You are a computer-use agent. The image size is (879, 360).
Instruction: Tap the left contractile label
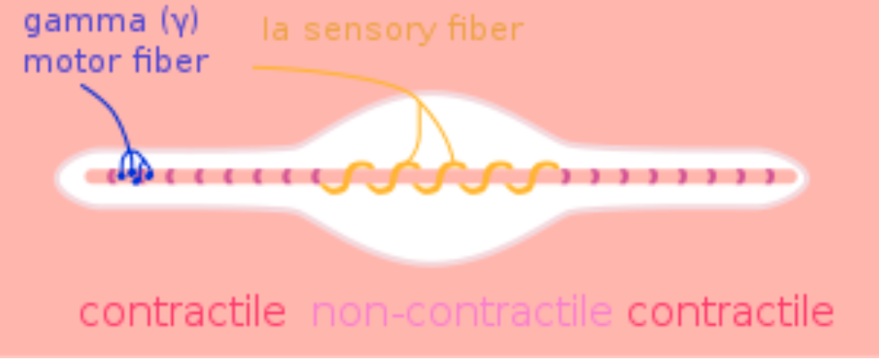click(x=183, y=313)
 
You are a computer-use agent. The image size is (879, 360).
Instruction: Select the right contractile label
click(x=730, y=313)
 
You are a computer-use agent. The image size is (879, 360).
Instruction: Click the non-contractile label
click(x=461, y=313)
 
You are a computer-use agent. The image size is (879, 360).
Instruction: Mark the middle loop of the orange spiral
click(x=439, y=177)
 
